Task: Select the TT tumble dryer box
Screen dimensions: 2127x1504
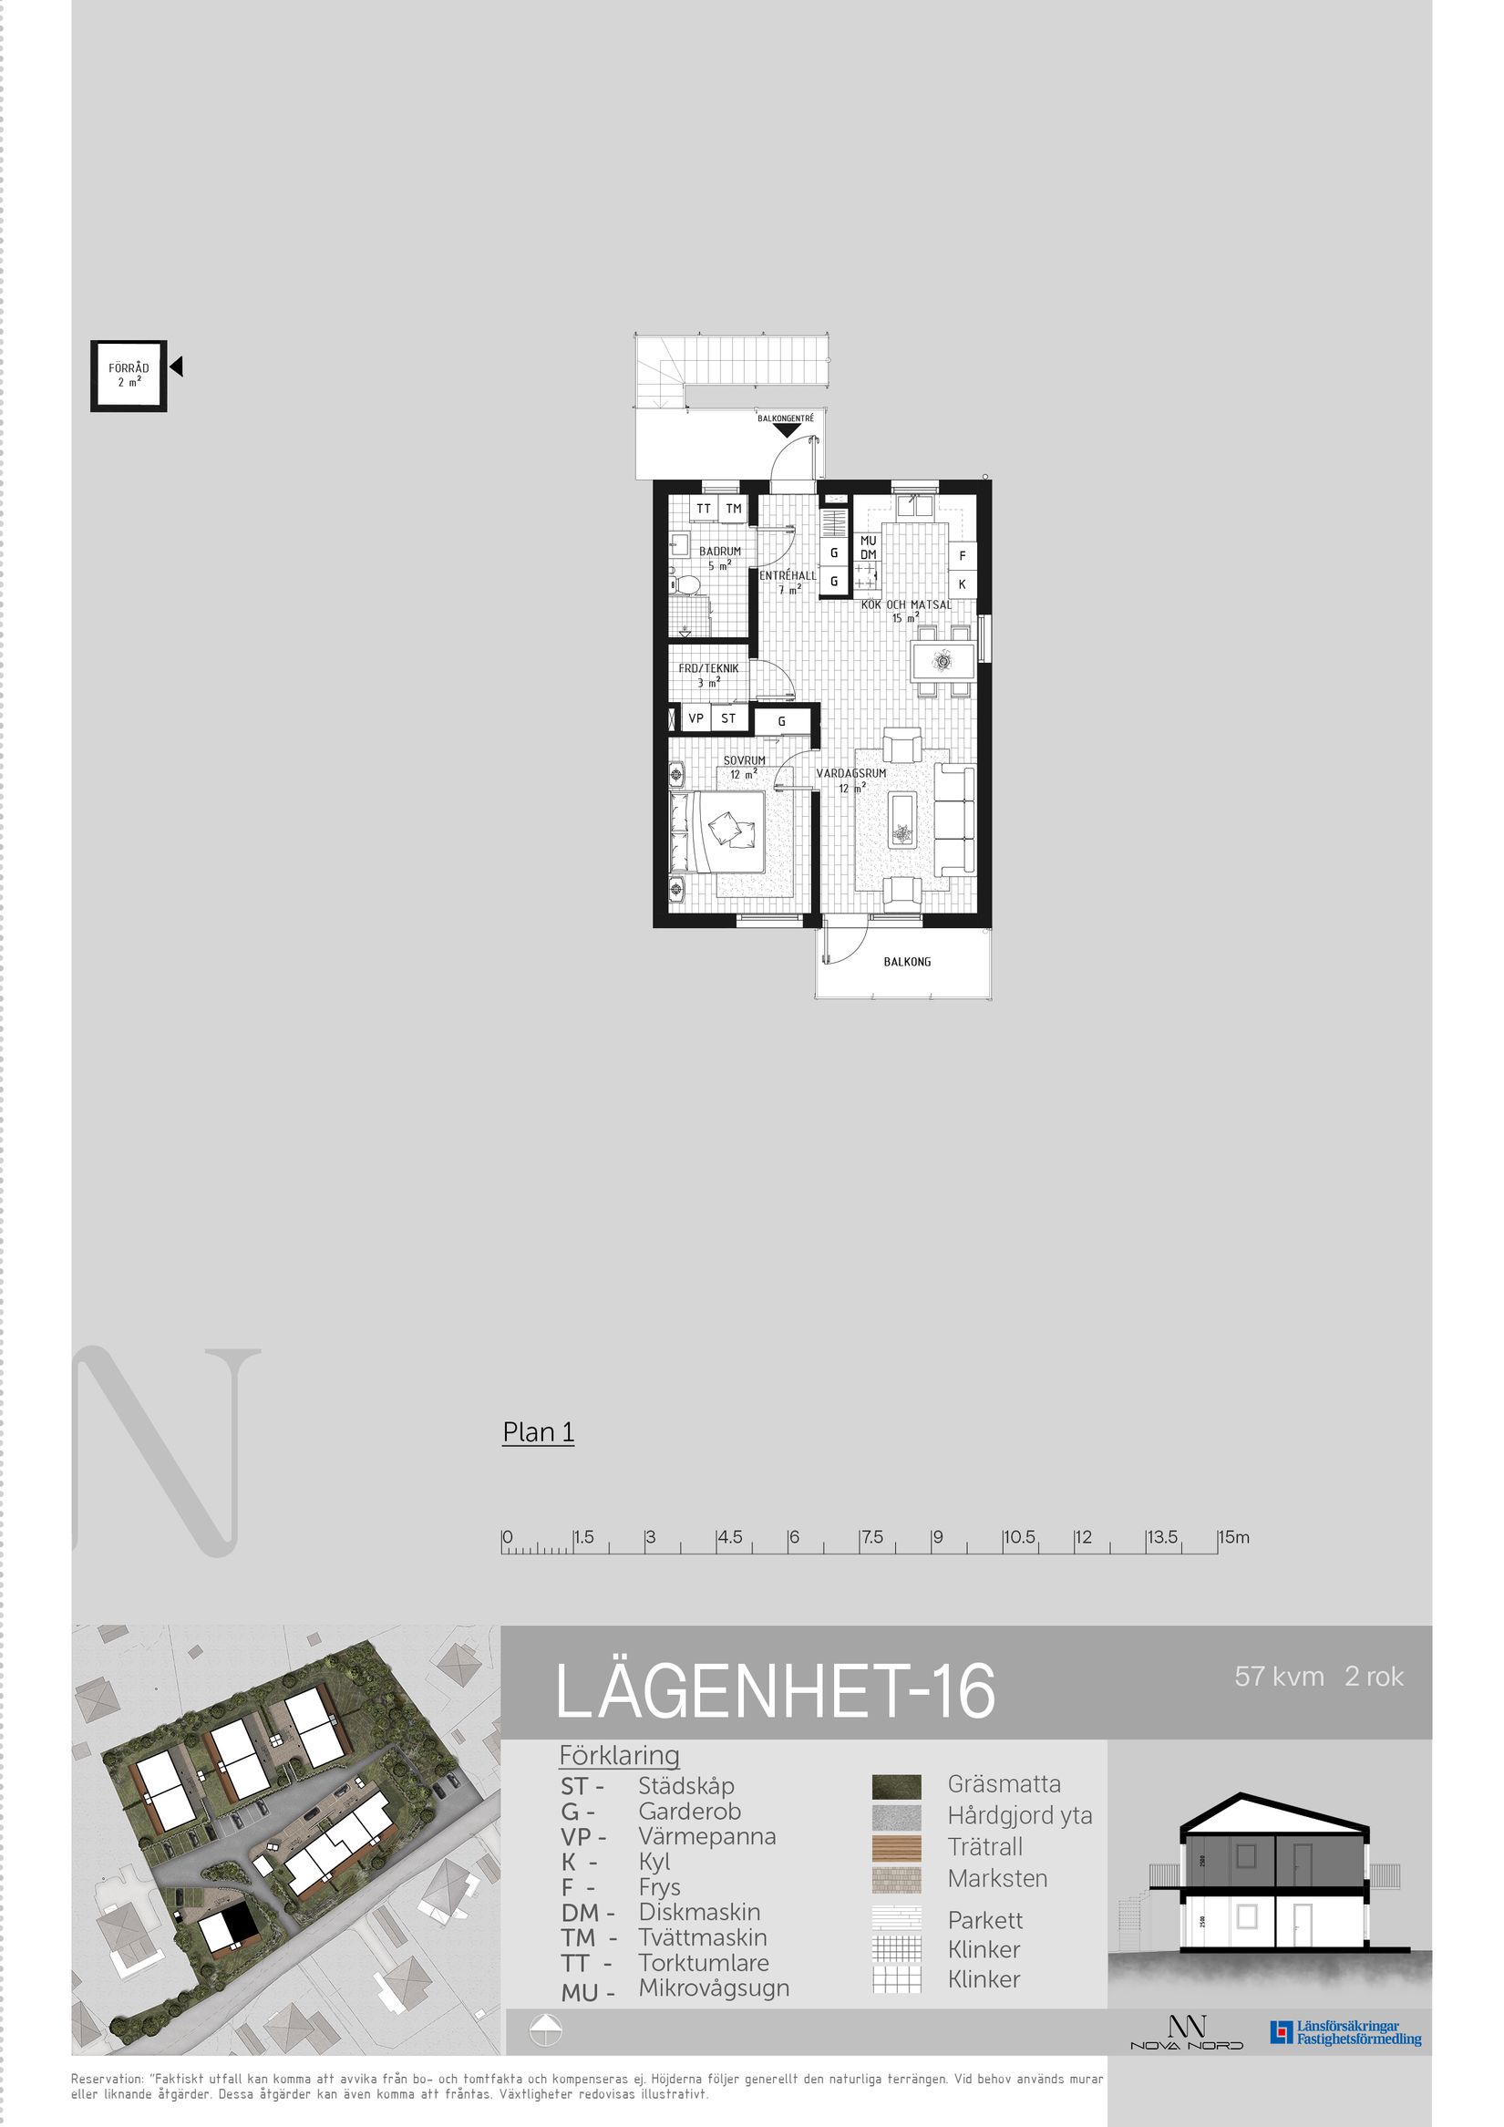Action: pyautogui.click(x=704, y=509)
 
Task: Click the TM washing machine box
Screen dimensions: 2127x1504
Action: pyautogui.click(x=734, y=509)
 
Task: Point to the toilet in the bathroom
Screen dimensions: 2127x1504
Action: pyautogui.click(x=686, y=585)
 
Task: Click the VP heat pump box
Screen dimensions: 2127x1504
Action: pyautogui.click(x=695, y=718)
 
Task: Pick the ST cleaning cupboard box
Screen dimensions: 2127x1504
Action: pyautogui.click(x=729, y=718)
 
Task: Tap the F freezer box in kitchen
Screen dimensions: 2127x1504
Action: pyautogui.click(x=963, y=556)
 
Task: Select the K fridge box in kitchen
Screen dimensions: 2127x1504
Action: pyautogui.click(x=963, y=584)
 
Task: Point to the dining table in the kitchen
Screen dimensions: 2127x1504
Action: pyautogui.click(x=943, y=663)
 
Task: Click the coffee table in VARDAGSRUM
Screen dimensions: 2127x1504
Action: pyautogui.click(x=901, y=819)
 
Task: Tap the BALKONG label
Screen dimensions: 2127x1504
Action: pyautogui.click(x=907, y=962)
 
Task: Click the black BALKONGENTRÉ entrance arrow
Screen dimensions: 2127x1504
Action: pyautogui.click(x=787, y=430)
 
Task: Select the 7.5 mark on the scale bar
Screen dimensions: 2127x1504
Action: pyautogui.click(x=871, y=1537)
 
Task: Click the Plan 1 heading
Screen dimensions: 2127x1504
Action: pyautogui.click(x=538, y=1432)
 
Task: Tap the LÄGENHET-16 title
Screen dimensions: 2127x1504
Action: pyautogui.click(x=775, y=1691)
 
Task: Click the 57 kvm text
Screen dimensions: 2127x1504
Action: pyautogui.click(x=1279, y=1676)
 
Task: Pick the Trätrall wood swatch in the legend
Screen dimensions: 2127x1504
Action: pyautogui.click(x=896, y=1847)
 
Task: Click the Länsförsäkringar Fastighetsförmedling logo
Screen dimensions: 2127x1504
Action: pyautogui.click(x=1345, y=2032)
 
